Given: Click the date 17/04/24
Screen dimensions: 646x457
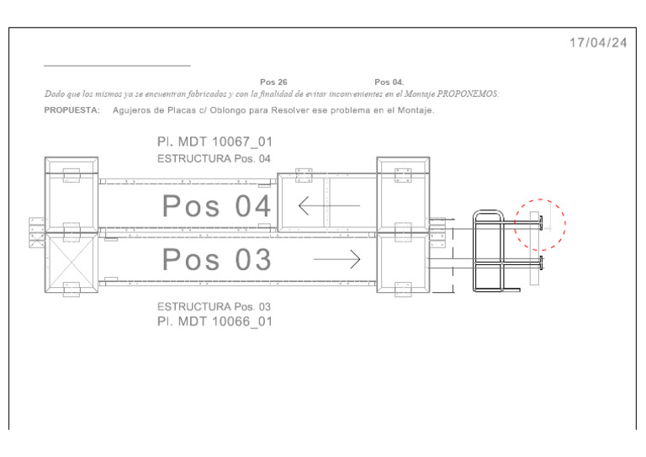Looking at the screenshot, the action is [598, 43].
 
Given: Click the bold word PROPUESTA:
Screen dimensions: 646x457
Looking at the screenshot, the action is [71, 110].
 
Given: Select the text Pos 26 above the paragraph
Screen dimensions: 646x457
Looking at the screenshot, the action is [273, 82].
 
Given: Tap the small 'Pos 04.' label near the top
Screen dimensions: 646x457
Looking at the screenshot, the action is [389, 82].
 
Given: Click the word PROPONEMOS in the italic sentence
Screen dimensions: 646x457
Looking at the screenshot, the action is [468, 94].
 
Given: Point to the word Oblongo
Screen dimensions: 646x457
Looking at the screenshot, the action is [228, 110].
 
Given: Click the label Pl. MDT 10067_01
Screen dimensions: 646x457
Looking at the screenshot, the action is [214, 141].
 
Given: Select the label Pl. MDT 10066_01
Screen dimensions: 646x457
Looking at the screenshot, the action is [214, 321].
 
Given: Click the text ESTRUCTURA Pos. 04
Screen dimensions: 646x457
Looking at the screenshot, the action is [214, 159].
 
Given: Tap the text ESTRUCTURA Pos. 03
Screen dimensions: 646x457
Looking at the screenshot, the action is [214, 306].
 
